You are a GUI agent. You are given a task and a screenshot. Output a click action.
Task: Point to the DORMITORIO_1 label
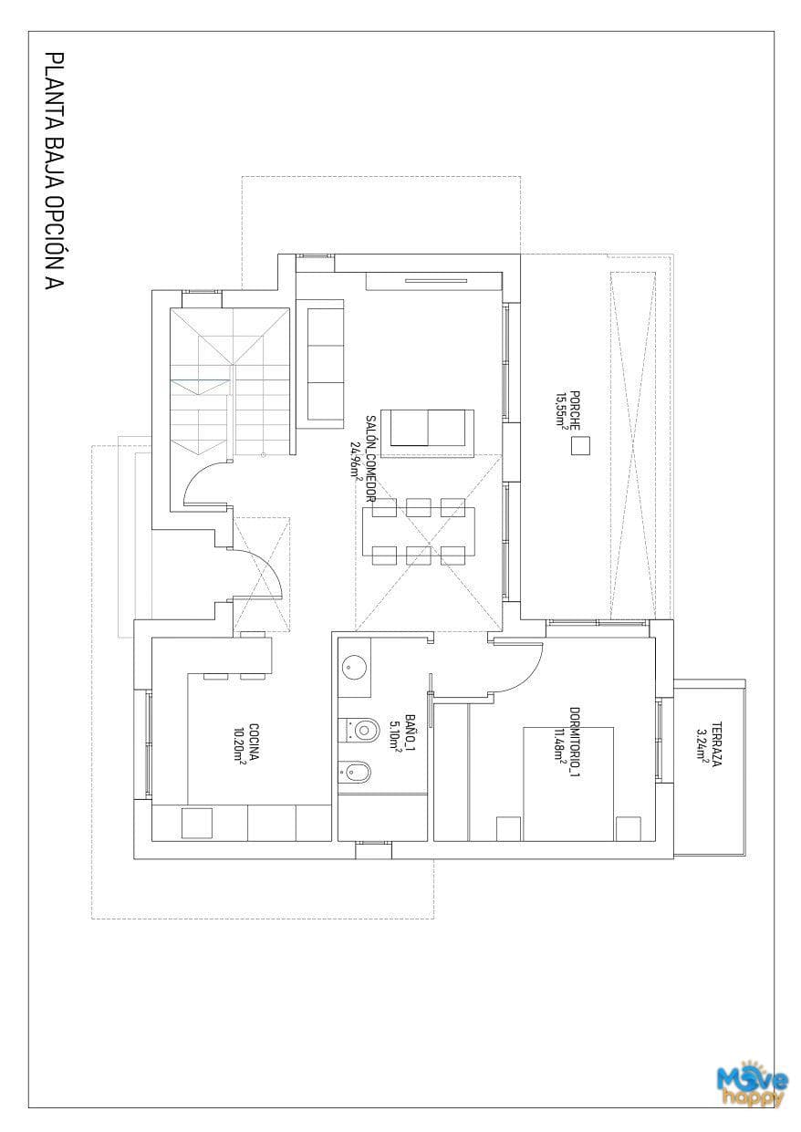[x=575, y=743]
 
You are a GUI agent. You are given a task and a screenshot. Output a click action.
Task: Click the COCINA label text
[x=255, y=743]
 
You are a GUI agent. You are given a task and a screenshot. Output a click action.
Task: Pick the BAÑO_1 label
[x=411, y=732]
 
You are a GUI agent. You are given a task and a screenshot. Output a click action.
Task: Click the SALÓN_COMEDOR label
[x=369, y=458]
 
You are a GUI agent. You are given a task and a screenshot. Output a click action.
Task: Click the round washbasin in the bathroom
[x=354, y=668]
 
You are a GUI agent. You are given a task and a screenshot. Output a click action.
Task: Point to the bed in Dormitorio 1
[x=568, y=784]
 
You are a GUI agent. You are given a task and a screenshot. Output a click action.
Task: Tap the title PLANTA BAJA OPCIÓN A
[x=55, y=171]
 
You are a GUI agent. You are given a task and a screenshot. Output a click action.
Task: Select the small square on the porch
[x=580, y=446]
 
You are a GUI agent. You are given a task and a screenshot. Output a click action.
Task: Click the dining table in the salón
[x=419, y=531]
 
